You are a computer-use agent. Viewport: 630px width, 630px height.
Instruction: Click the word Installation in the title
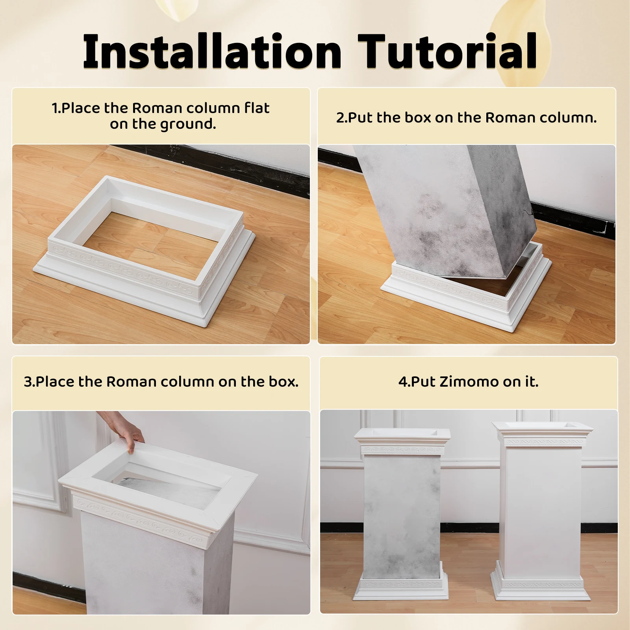pyautogui.click(x=212, y=52)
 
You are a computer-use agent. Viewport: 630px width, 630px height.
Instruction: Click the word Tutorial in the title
pyautogui.click(x=447, y=52)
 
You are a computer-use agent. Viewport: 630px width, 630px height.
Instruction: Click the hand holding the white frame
pyautogui.click(x=130, y=434)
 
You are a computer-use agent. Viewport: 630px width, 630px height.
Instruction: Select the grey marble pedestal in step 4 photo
pyautogui.click(x=402, y=512)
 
